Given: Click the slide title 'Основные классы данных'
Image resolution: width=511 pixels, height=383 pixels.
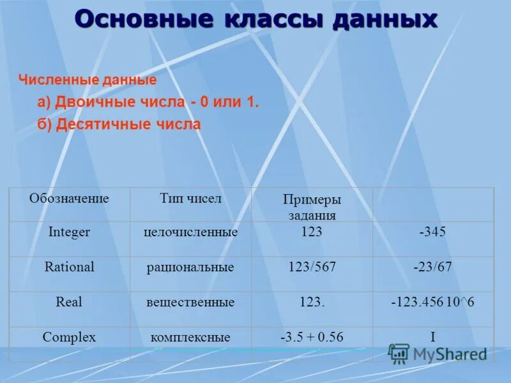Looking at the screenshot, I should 256,19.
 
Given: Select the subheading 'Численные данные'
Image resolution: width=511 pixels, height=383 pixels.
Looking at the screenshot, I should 88,80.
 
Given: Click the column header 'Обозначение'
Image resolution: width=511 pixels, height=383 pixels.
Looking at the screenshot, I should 69,199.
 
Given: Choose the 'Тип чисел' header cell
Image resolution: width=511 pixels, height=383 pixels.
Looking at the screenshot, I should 190,199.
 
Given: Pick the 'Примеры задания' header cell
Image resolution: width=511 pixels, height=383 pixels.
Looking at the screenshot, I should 312,207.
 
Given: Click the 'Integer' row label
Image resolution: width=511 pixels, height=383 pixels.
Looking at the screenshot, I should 69,232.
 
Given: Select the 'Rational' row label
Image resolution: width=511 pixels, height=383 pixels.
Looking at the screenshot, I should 69,267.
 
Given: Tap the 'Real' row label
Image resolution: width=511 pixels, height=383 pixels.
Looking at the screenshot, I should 69,302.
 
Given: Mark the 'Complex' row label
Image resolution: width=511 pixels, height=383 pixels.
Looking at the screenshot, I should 69,337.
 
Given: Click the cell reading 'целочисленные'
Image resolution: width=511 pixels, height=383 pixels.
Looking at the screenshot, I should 190,232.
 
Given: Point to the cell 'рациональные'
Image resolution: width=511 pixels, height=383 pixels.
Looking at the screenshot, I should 190,267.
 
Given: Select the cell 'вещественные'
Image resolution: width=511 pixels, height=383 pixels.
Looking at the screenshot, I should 190,303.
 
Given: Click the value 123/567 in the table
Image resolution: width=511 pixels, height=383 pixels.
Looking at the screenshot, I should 312,267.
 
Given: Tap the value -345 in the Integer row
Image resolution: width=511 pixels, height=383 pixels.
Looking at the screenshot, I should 432,232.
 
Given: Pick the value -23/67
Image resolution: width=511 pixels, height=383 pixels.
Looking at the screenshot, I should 432,267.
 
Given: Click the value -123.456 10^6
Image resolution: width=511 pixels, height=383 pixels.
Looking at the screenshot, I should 432,302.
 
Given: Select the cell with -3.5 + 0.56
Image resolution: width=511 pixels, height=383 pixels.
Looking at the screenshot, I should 312,337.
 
